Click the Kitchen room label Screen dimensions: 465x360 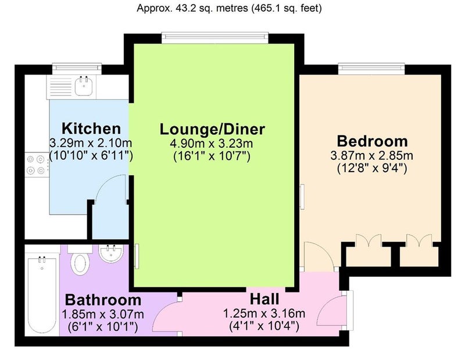tap(91, 129)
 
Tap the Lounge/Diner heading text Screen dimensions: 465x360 tap(212, 129)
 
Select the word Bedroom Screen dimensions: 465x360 tap(372, 141)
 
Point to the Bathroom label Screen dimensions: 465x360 tap(103, 300)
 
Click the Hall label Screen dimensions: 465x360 tap(264, 299)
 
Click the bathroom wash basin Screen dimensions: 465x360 tap(110, 254)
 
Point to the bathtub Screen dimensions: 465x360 tap(42, 294)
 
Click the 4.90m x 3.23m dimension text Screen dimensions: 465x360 tap(212, 144)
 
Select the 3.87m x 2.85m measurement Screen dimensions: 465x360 tap(372, 156)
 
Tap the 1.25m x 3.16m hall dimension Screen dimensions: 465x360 tap(264, 313)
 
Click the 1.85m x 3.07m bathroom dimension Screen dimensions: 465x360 tap(103, 314)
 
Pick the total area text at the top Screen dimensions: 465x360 tap(229, 8)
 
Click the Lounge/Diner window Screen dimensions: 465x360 tap(215, 37)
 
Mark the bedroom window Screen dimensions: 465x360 tap(371, 68)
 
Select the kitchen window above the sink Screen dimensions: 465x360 tap(77, 68)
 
